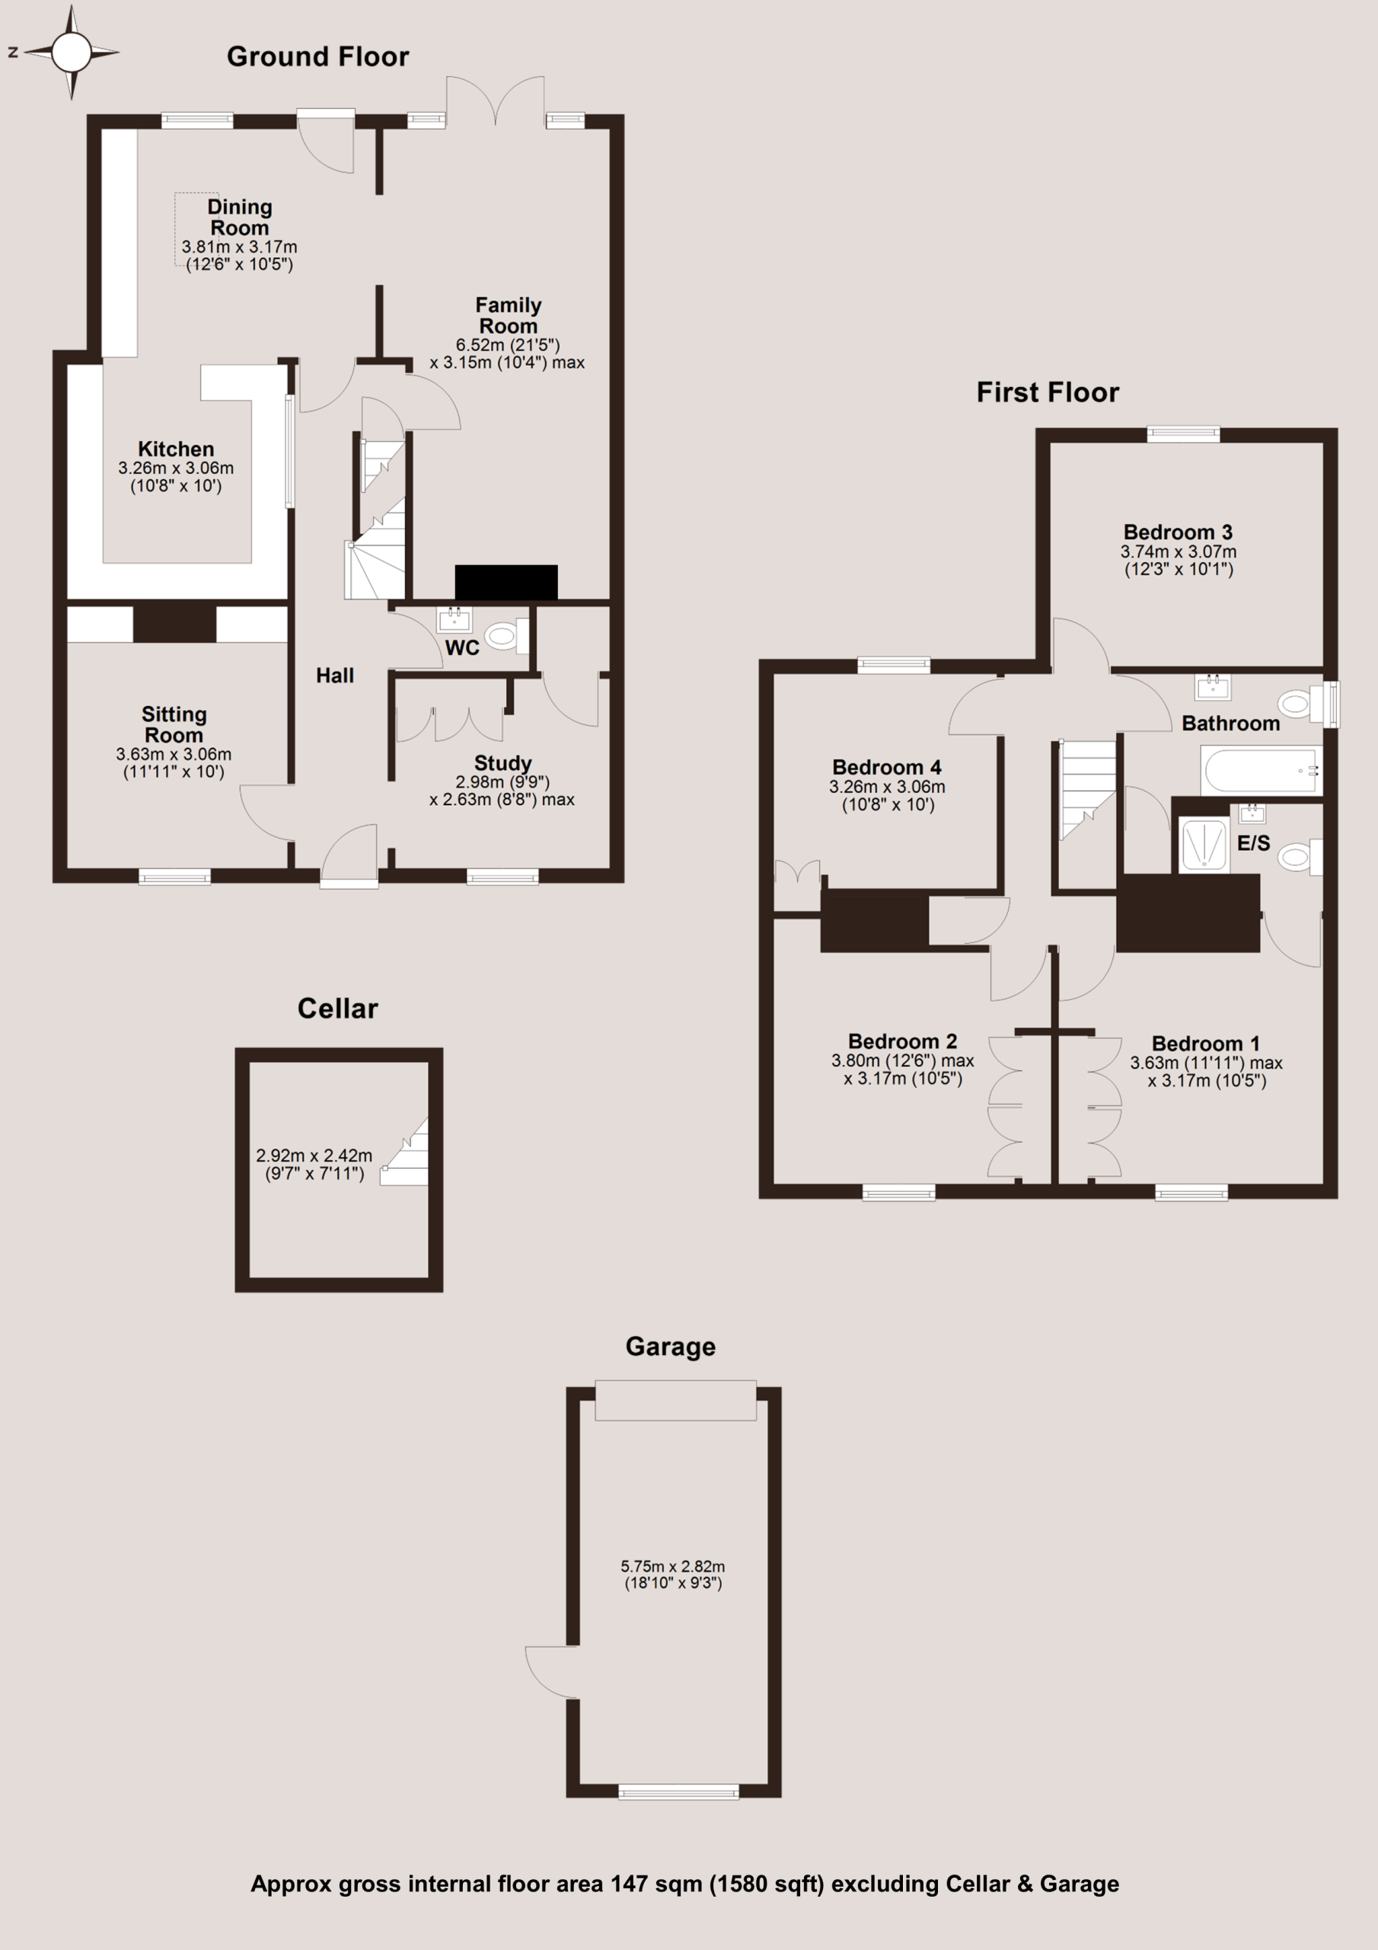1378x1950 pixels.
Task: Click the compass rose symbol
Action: pyautogui.click(x=72, y=53)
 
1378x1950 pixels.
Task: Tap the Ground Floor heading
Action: pyautogui.click(x=317, y=57)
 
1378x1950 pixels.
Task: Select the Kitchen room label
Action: pyautogui.click(x=176, y=449)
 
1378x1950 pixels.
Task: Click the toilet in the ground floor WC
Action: pyautogui.click(x=507, y=635)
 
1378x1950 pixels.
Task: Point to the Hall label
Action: pyautogui.click(x=334, y=675)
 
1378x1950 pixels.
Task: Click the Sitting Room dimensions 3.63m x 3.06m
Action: pyautogui.click(x=174, y=754)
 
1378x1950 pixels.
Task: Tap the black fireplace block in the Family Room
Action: pyautogui.click(x=506, y=582)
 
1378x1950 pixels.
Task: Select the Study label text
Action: pyautogui.click(x=502, y=762)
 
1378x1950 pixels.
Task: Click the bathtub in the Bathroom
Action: pyautogui.click(x=1262, y=769)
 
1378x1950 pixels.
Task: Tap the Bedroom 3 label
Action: pyautogui.click(x=1178, y=532)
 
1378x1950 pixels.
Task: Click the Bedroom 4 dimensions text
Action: pyautogui.click(x=887, y=796)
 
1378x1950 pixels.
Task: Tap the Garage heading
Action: pyautogui.click(x=671, y=1346)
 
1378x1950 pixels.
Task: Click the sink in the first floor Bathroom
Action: pyautogui.click(x=1213, y=686)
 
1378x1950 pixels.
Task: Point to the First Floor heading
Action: pyautogui.click(x=1048, y=392)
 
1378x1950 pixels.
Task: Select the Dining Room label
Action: pyautogui.click(x=239, y=217)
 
